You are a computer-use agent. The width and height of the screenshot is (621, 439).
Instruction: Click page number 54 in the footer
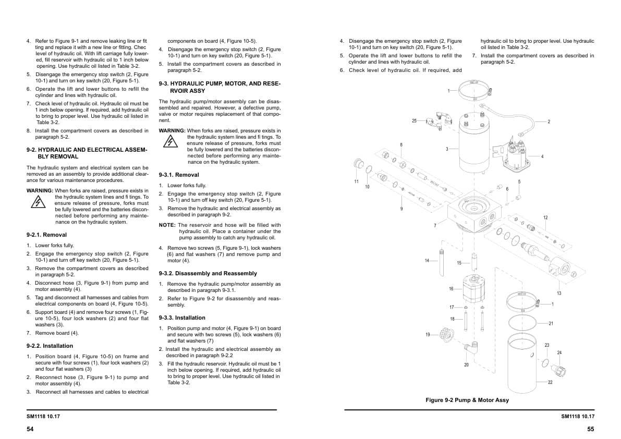[30, 429]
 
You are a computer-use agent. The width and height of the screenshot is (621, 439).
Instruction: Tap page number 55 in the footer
[590, 429]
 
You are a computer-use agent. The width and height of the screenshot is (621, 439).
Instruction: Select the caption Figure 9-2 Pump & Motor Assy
[467, 400]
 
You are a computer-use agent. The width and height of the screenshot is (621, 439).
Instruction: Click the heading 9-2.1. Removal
[46, 235]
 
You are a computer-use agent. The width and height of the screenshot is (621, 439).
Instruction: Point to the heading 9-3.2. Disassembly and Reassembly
[208, 273]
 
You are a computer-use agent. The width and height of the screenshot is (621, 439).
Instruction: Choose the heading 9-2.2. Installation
[50, 346]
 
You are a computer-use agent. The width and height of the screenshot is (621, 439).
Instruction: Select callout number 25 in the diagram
[414, 121]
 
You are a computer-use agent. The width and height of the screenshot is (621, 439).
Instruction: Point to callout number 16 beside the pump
[451, 288]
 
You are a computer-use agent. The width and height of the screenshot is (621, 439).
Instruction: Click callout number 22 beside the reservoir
[550, 382]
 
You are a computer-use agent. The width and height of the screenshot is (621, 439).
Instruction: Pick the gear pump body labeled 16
[474, 288]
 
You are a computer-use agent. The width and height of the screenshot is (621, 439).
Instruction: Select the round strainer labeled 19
[447, 334]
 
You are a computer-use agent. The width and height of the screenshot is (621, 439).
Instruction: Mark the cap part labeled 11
[359, 164]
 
